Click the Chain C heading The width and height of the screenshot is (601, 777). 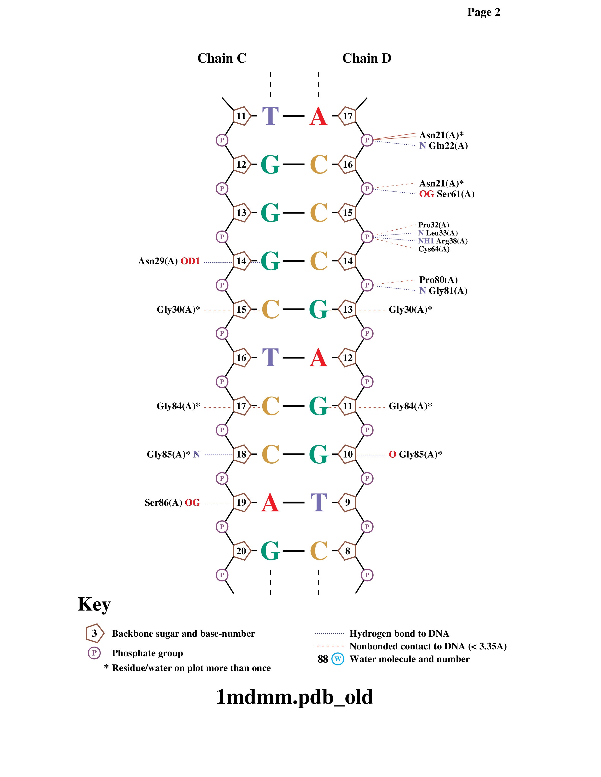(x=222, y=58)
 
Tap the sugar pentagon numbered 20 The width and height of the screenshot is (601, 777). (x=241, y=551)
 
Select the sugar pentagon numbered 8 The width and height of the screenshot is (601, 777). (x=347, y=551)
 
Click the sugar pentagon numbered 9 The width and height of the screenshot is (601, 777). (x=347, y=503)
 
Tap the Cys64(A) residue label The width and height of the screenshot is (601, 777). (x=434, y=249)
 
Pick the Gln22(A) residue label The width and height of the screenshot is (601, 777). (x=448, y=146)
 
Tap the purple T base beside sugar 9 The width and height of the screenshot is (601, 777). (x=318, y=503)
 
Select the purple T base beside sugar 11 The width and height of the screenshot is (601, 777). (x=270, y=116)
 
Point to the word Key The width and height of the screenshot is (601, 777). (x=94, y=604)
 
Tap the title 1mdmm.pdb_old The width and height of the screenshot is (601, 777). (x=294, y=697)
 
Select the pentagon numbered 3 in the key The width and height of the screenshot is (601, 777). (x=94, y=633)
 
